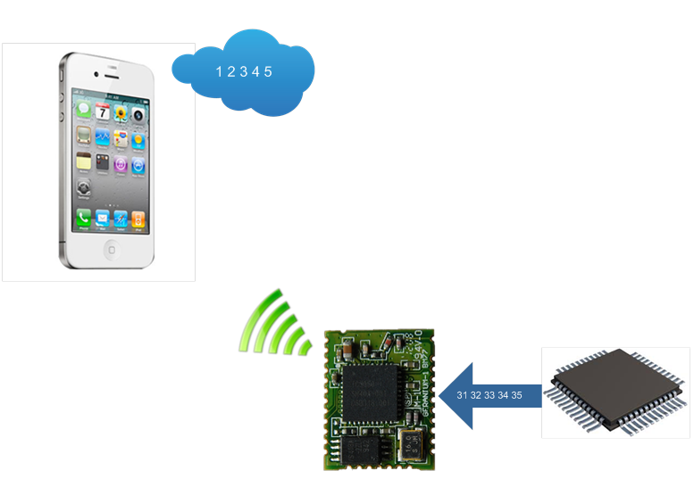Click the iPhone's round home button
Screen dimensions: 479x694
(x=112, y=248)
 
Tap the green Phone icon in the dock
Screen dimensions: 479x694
(x=84, y=218)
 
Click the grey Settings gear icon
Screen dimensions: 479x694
(x=84, y=187)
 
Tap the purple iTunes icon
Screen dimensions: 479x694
(x=121, y=163)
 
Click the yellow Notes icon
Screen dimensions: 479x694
(x=84, y=163)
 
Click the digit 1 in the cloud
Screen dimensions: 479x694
(x=219, y=71)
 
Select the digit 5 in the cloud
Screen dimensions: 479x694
(x=268, y=71)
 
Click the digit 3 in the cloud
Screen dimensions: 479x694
(x=243, y=71)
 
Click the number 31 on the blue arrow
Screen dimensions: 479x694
(x=463, y=394)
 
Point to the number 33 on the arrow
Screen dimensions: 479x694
(x=489, y=394)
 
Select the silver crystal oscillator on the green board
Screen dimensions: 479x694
(x=413, y=444)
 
